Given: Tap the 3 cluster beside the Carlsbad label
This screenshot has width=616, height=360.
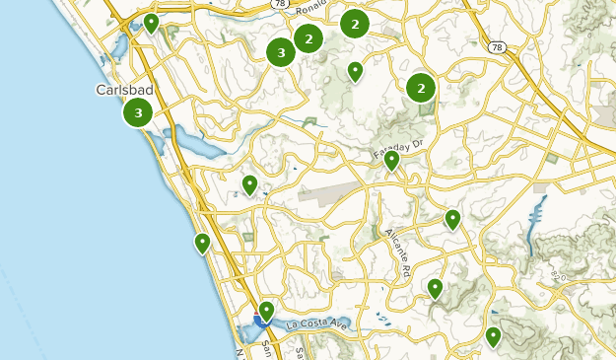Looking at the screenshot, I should (x=138, y=113).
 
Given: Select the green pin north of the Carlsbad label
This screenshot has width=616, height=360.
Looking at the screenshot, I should (x=151, y=22).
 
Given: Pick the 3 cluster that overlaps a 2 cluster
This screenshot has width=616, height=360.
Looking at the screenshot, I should (x=282, y=53).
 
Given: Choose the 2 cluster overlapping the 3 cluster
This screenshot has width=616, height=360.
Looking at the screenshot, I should (x=308, y=38).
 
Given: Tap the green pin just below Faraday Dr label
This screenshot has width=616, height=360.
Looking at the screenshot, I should (x=391, y=160).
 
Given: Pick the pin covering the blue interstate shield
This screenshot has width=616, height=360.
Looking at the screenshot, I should (x=265, y=312).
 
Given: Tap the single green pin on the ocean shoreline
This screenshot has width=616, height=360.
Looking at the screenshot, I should (x=202, y=243).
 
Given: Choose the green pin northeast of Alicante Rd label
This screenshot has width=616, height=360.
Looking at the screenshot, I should (x=452, y=219).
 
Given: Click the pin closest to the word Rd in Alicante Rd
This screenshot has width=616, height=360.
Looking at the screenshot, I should (x=435, y=288).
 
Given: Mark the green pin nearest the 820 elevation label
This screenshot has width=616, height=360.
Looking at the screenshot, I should (x=493, y=337).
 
